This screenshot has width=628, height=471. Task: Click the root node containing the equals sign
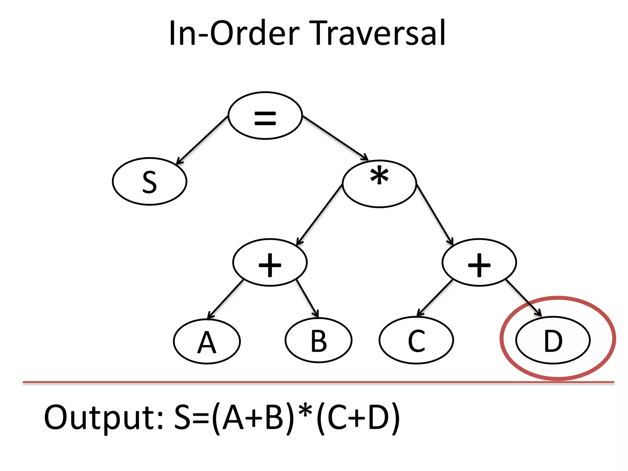pos(265,116)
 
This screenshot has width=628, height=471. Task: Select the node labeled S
pos(150,182)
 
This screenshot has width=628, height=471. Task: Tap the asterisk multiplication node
pos(379,184)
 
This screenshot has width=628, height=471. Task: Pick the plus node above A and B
pos(270,262)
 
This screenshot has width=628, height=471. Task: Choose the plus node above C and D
pos(479,262)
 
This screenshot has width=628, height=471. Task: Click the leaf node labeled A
pos(207,341)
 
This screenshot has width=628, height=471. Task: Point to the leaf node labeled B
pos(319,340)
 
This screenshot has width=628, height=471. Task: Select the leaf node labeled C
pos(416,340)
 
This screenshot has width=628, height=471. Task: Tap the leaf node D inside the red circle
pos(553,340)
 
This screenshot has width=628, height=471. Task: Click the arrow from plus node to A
pos(225,299)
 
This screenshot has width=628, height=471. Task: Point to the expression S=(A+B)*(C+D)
pos(287,418)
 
